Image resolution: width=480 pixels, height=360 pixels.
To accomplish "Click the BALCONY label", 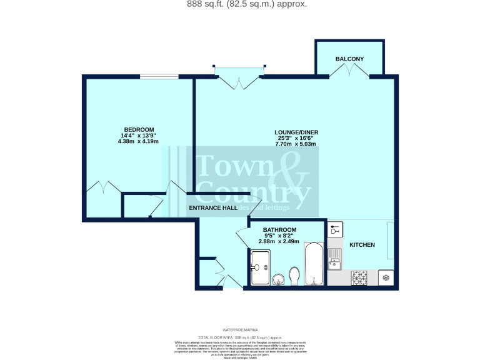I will (349, 59).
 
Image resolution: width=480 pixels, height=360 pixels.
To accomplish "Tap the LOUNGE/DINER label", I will (296, 132).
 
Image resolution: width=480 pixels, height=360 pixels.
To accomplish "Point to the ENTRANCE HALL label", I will (212, 207).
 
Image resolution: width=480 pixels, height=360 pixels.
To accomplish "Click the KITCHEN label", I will (362, 244).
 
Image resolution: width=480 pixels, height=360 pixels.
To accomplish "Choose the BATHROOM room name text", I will (280, 229).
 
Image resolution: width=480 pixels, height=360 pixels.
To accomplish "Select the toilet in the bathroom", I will (294, 275).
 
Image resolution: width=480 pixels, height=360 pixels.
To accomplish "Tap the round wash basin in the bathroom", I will (279, 279).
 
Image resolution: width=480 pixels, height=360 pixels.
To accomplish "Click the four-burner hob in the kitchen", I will (359, 277).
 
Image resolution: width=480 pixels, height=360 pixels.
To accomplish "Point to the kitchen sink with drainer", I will (335, 257).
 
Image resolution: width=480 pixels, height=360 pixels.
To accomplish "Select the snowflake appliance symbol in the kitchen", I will (386, 277).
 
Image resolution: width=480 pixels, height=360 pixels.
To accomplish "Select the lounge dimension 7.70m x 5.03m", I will (296, 144).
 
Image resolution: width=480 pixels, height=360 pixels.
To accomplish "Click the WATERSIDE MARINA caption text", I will (240, 329).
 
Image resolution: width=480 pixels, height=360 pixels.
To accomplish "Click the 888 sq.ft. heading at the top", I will (239, 4).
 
